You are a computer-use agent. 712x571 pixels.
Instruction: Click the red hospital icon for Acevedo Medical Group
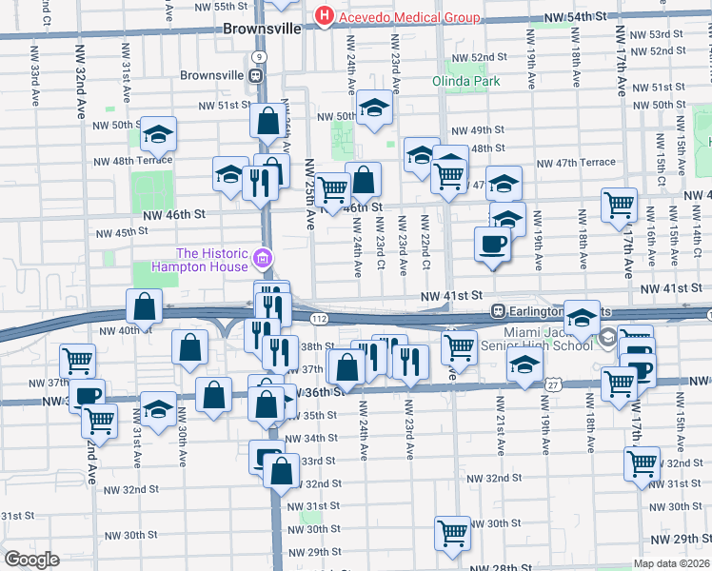click(325, 16)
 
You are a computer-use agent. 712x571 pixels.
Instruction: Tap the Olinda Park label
click(466, 81)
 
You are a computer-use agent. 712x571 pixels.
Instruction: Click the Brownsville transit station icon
click(256, 75)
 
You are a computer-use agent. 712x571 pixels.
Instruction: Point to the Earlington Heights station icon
click(497, 311)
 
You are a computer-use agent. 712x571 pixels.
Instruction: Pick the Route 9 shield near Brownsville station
click(260, 57)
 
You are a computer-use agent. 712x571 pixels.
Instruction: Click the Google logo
click(31, 559)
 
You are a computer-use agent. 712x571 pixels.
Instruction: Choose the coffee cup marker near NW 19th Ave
click(492, 244)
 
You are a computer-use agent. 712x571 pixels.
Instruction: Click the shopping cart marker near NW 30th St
click(452, 533)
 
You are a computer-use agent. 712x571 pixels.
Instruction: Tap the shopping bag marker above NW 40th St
click(145, 306)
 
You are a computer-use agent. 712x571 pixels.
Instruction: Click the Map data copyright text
click(672, 563)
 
